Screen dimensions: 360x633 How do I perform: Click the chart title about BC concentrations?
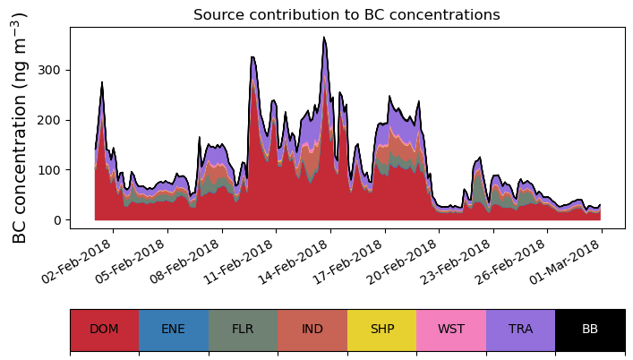click(346, 14)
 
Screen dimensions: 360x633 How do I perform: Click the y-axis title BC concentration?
click(21, 127)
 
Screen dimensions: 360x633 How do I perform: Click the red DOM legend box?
click(104, 330)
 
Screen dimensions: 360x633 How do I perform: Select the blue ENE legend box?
click(174, 330)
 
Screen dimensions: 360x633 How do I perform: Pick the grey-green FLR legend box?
click(243, 330)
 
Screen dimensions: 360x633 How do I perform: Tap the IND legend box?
click(312, 330)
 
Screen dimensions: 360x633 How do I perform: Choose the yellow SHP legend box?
click(381, 330)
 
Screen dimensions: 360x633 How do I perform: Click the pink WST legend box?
click(451, 330)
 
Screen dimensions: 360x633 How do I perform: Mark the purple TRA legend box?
click(520, 330)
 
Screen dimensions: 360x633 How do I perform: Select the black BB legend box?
click(590, 330)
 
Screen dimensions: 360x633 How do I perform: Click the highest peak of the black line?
click(324, 38)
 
